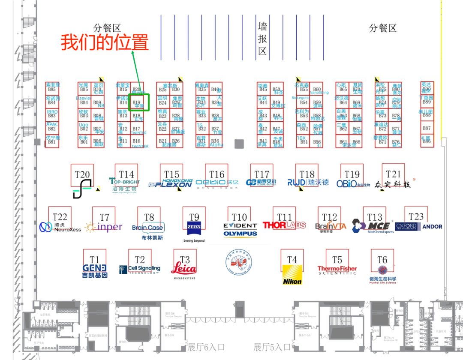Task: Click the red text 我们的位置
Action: click(x=105, y=43)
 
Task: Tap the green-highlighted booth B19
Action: click(x=138, y=103)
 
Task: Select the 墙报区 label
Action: click(x=262, y=39)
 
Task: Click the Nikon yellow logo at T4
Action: click(x=292, y=275)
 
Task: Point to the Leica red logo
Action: click(x=184, y=269)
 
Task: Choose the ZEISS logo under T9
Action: click(x=194, y=227)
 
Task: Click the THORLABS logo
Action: click(x=284, y=225)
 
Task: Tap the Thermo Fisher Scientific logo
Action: click(x=337, y=270)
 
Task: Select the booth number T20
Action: click(x=82, y=174)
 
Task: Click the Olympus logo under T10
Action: click(x=240, y=234)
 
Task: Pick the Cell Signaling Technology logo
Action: click(x=139, y=269)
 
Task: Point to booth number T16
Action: click(x=216, y=174)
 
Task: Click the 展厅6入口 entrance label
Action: click(x=206, y=347)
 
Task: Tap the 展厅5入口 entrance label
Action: click(x=272, y=347)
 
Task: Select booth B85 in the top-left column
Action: click(x=52, y=89)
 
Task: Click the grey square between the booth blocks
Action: click(x=239, y=144)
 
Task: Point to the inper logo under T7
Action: click(x=104, y=227)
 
